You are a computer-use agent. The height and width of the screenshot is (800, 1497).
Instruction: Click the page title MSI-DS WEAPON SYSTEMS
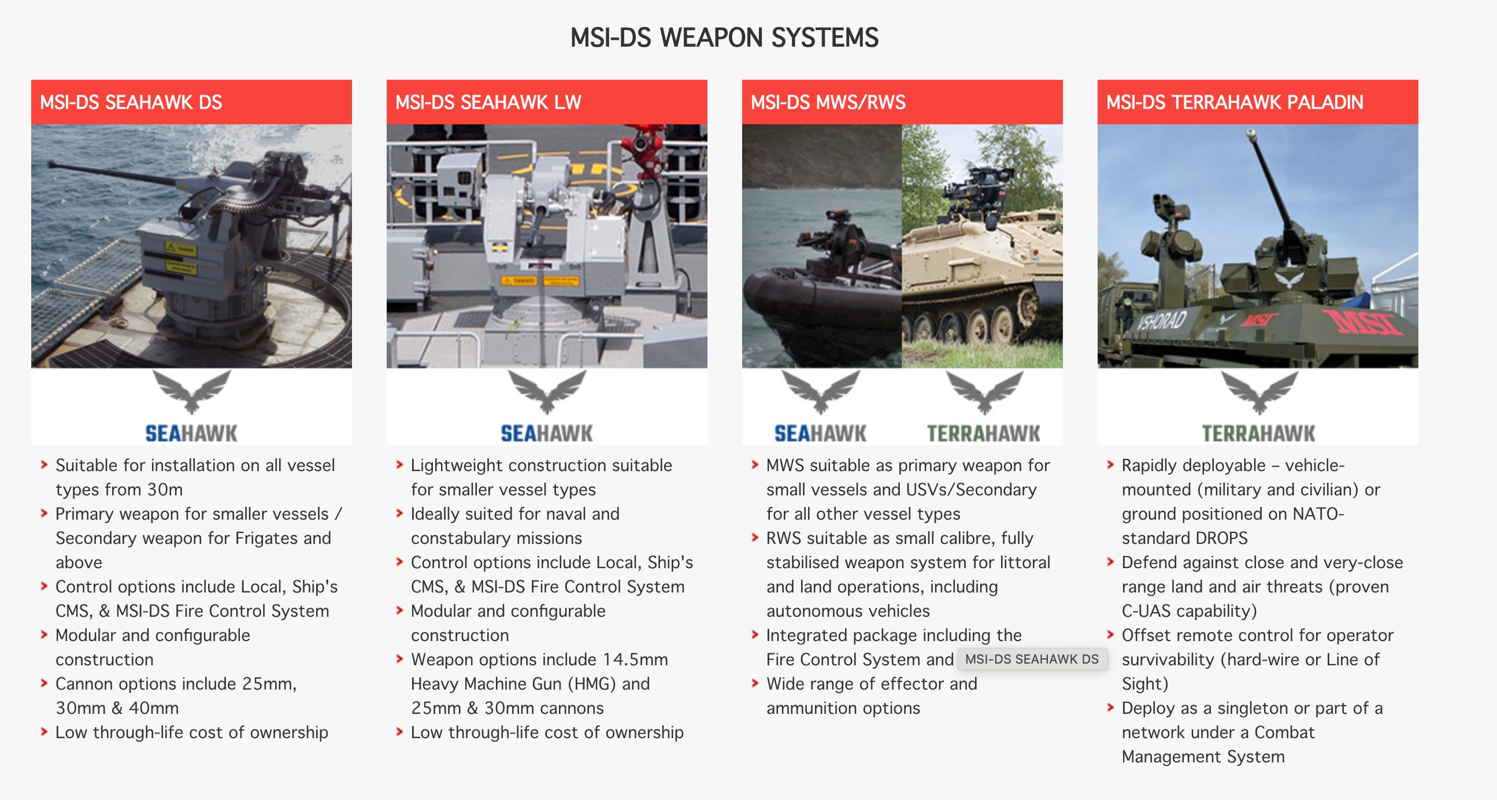(724, 38)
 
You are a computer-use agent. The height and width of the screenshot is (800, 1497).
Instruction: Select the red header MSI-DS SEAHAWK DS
(131, 102)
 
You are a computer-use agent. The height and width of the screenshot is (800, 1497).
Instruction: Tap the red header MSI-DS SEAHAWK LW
(488, 102)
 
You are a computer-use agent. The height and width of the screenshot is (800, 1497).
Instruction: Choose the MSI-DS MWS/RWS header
(828, 102)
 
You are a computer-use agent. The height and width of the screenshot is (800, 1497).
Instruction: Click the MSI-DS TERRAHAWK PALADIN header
(1234, 102)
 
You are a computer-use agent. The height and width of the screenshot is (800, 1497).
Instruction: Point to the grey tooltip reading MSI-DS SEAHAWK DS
(1032, 659)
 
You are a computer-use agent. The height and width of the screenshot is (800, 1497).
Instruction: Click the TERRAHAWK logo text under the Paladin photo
(1258, 434)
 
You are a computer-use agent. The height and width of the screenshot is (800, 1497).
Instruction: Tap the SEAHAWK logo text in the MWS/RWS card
(820, 434)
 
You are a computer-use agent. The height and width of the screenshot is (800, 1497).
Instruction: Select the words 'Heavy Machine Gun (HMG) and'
(530, 684)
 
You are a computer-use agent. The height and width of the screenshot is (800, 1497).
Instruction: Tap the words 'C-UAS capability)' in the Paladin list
(1189, 610)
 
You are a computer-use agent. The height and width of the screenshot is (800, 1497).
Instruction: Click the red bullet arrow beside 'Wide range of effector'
(754, 683)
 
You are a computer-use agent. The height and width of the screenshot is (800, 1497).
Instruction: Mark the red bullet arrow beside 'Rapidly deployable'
(1110, 465)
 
